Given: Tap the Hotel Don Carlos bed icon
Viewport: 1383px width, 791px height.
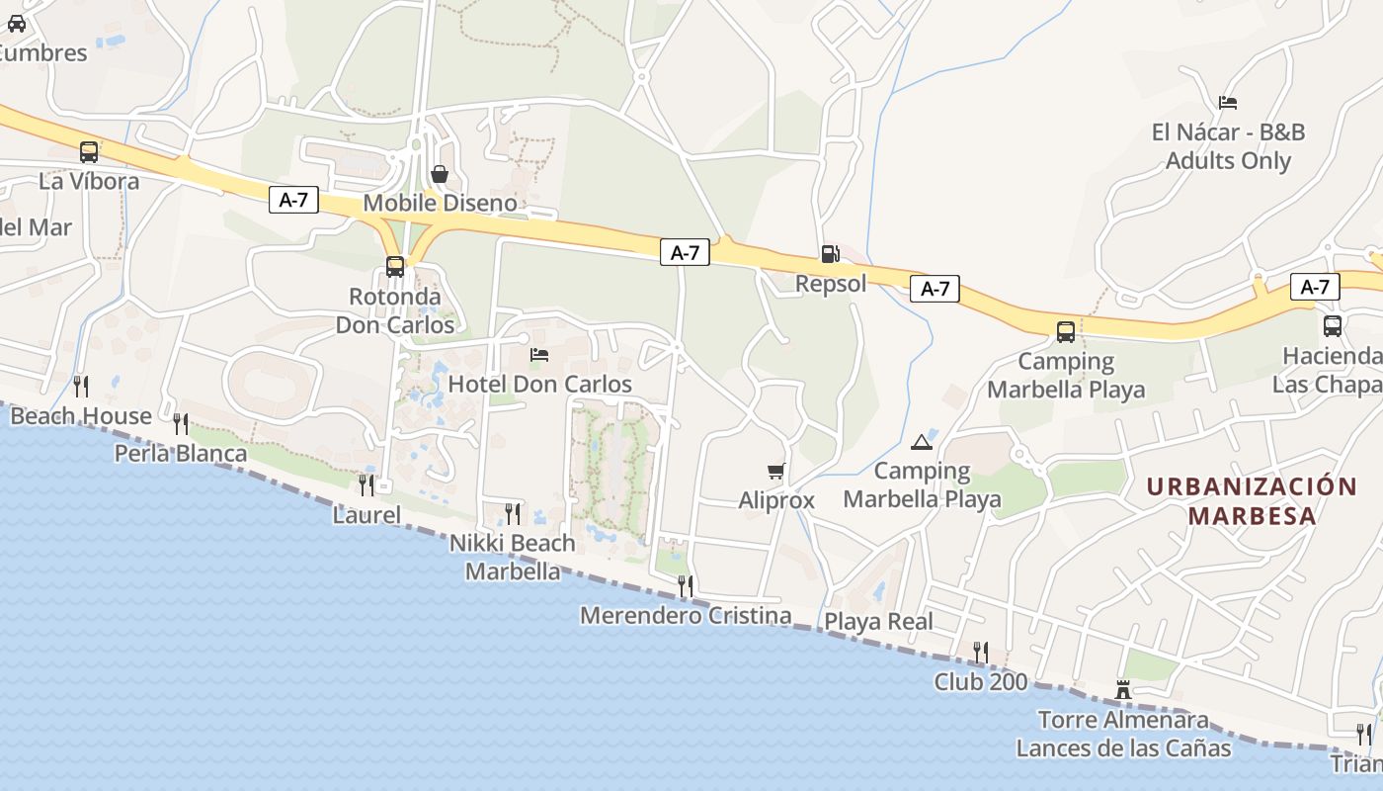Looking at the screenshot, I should pyautogui.click(x=539, y=354).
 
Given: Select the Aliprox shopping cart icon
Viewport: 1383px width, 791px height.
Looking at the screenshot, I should pyautogui.click(x=775, y=472).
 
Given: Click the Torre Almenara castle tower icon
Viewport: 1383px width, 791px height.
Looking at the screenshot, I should pyautogui.click(x=1123, y=689).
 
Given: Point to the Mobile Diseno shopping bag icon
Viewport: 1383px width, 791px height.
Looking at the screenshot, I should pyautogui.click(x=440, y=174).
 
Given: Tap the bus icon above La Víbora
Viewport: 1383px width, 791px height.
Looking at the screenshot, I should pyautogui.click(x=89, y=152).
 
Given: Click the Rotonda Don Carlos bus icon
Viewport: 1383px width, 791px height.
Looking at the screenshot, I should pyautogui.click(x=395, y=266).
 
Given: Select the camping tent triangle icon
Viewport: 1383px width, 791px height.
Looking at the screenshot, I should pyautogui.click(x=922, y=441).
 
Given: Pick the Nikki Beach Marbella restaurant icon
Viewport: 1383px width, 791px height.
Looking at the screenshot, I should pyautogui.click(x=513, y=513).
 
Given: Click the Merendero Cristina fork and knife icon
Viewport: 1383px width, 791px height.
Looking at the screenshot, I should pyautogui.click(x=685, y=585).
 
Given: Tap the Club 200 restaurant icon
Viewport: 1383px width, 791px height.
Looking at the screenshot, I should pyautogui.click(x=980, y=652).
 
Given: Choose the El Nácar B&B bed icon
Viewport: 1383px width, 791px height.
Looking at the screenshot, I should pyautogui.click(x=1228, y=102).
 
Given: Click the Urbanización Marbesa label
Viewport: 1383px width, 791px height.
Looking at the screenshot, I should pyautogui.click(x=1252, y=500).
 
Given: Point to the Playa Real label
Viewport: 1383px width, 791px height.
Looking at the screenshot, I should pyautogui.click(x=878, y=622).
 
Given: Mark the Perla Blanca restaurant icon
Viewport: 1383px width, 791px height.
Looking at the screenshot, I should pyautogui.click(x=181, y=424).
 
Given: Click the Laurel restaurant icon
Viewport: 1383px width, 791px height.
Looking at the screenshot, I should pyautogui.click(x=366, y=484).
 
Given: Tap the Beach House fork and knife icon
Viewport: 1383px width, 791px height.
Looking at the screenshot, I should pyautogui.click(x=81, y=386).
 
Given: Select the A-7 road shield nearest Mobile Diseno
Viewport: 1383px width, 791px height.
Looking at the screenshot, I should pyautogui.click(x=293, y=200).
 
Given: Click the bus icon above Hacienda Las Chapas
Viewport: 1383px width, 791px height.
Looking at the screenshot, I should pyautogui.click(x=1332, y=325).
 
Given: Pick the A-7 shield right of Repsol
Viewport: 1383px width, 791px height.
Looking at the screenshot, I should pyautogui.click(x=935, y=289).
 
